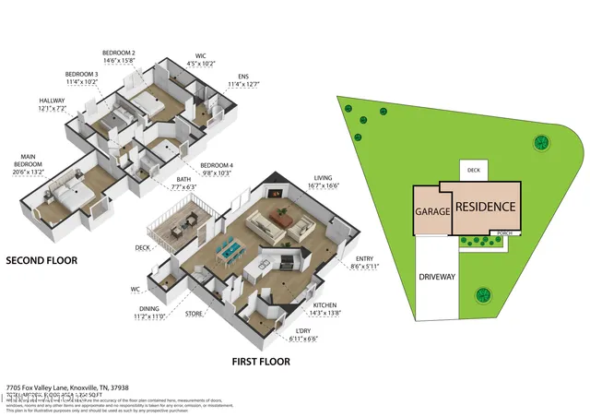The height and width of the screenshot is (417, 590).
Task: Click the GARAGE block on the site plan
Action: tap(431, 211)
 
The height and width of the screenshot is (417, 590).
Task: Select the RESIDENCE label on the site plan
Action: tap(485, 208)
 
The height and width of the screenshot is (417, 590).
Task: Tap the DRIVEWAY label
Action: tap(437, 277)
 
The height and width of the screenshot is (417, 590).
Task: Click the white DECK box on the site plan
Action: tap(474, 170)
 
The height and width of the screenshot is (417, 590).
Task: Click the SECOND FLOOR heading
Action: tap(41, 261)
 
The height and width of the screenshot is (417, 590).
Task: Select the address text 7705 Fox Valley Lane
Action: tap(67, 387)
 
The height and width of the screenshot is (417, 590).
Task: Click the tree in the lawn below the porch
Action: tap(481, 296)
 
